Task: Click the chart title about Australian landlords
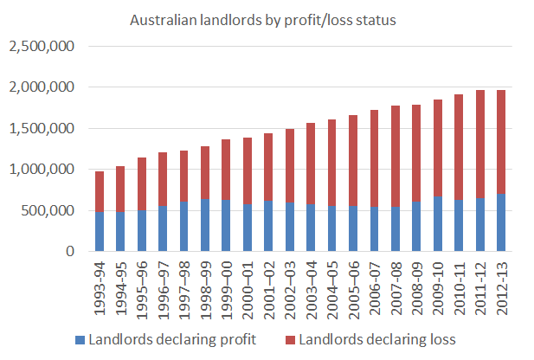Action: tap(262, 20)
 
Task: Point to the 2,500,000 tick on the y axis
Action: tap(41, 46)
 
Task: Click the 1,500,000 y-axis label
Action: tap(41, 128)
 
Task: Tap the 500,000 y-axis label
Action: tap(48, 210)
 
